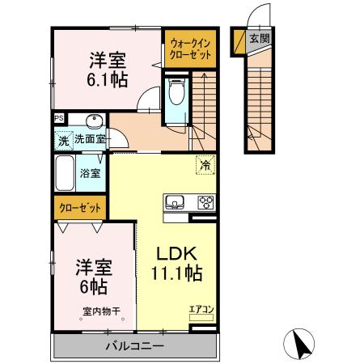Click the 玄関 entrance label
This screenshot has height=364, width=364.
(x=258, y=38)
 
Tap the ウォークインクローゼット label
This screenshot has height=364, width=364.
(x=191, y=49)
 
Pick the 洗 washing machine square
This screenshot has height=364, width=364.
(x=63, y=140)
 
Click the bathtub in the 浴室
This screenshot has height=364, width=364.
(x=65, y=171)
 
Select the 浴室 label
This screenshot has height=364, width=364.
(x=89, y=172)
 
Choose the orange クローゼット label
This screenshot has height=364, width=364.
(x=80, y=208)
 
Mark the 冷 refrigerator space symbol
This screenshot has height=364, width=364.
(x=205, y=166)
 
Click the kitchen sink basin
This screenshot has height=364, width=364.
(x=176, y=202)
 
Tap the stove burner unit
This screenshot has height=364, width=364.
(x=204, y=202)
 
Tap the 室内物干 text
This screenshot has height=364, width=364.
(x=101, y=310)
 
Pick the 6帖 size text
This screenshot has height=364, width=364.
(x=94, y=286)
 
